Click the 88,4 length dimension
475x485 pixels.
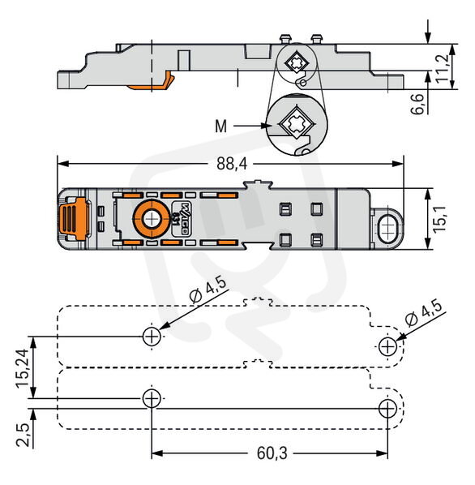point(232,163)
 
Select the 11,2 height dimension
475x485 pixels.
point(442,68)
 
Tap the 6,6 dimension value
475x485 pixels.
point(417,104)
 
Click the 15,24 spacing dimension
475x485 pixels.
point(22,368)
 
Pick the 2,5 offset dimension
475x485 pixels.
point(23,434)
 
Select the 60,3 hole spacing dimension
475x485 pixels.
point(272,453)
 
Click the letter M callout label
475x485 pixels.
point(221,127)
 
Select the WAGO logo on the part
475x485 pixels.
point(181,219)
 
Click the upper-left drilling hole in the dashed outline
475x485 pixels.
point(152,336)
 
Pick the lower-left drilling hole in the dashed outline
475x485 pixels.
point(152,398)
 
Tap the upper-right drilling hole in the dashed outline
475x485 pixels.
point(387,347)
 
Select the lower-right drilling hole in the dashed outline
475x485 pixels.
point(387,408)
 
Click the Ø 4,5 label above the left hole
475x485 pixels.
point(208,290)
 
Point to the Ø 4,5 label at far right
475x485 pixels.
point(424,312)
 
